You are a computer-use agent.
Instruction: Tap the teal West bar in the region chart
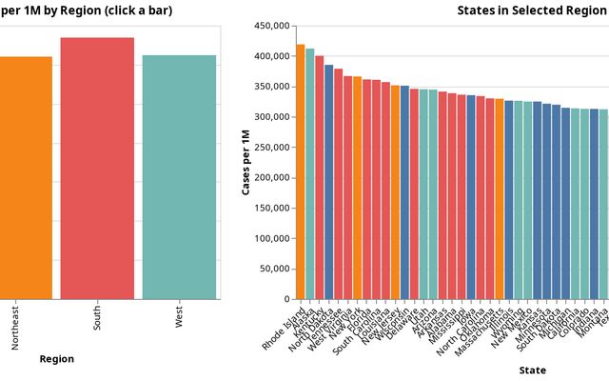pos(179,177)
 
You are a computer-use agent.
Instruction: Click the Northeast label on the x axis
pos(15,327)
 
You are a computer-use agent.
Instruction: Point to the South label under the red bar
pos(97,319)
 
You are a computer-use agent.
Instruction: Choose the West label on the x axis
pos(179,317)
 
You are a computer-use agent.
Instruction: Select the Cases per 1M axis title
pos(246,163)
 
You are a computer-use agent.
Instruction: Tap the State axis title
pos(533,370)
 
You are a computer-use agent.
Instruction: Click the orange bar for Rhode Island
pos(301,172)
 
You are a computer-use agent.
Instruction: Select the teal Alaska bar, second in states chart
pos(310,174)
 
